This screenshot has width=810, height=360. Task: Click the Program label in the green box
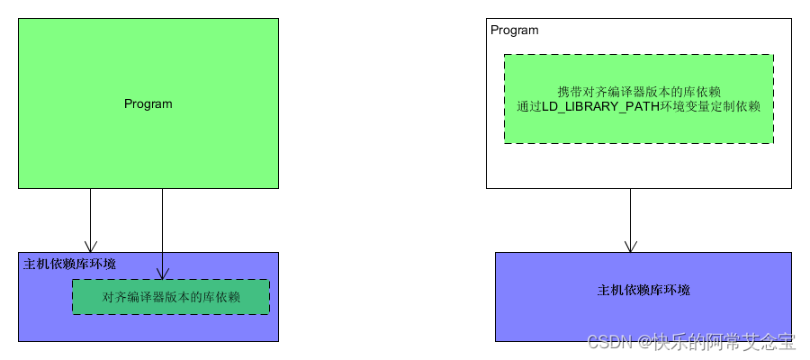point(148,104)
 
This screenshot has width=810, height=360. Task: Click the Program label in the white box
point(515,31)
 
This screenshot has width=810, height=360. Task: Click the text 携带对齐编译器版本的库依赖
point(639,92)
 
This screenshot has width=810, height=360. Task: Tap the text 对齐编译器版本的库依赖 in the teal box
point(171,297)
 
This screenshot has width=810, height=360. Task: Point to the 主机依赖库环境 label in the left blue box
point(69,264)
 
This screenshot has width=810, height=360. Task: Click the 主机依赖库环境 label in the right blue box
point(643,291)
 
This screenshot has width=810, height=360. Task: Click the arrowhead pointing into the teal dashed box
point(162,273)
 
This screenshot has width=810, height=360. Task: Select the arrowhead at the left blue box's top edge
point(90,246)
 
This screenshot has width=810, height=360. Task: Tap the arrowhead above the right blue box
point(630,245)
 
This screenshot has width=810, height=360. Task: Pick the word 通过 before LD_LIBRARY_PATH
point(528,106)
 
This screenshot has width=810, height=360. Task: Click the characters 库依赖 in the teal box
point(224,297)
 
